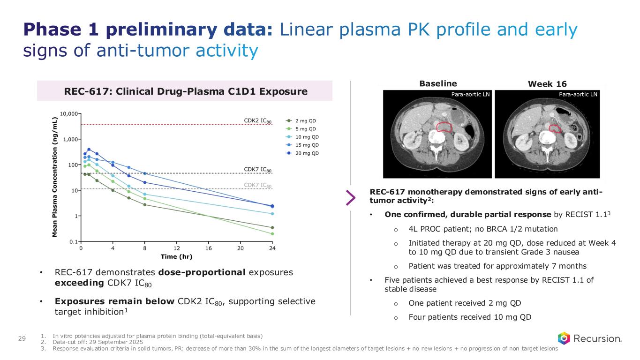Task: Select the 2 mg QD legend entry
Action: point(305,120)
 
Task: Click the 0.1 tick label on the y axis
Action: point(73,241)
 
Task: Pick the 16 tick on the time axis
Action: point(208,247)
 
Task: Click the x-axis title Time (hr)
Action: point(176,256)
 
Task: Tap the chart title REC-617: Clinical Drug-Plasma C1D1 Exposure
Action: point(184,91)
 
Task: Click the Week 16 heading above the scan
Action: point(547,84)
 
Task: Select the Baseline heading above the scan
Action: point(438,83)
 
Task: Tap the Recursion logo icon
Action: point(564,338)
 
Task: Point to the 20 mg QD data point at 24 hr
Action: point(272,206)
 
